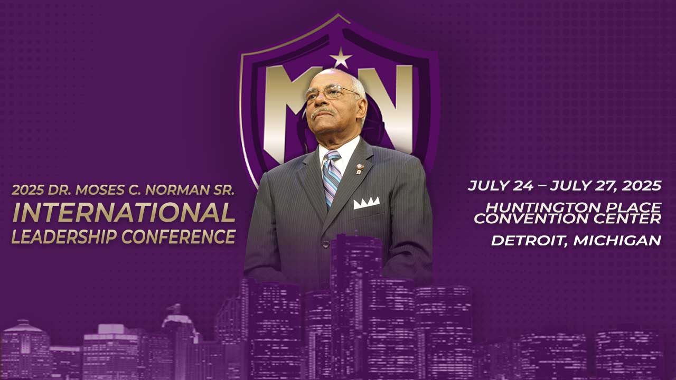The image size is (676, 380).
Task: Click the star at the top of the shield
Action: (x=341, y=58)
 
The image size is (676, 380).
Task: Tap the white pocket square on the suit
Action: (x=367, y=203)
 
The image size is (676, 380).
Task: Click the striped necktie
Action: (x=332, y=178)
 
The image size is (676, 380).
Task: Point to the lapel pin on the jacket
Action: (x=359, y=169)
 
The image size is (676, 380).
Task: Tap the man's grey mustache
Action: (x=322, y=112)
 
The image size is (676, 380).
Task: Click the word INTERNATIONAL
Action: (x=124, y=212)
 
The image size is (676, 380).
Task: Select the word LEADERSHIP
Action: (x=64, y=237)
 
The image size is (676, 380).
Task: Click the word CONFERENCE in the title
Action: (x=179, y=237)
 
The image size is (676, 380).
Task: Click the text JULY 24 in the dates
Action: (x=500, y=186)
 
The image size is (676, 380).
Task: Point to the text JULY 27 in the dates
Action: (x=584, y=186)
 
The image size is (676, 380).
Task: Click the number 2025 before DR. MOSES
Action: (x=28, y=190)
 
